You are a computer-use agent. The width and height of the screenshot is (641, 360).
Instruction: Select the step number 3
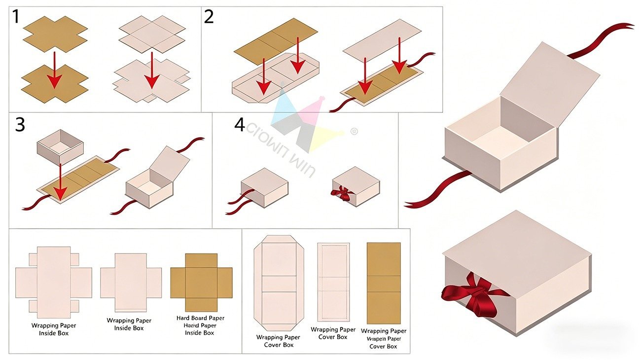[20, 125]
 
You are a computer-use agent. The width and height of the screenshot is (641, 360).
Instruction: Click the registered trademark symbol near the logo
[353, 132]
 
